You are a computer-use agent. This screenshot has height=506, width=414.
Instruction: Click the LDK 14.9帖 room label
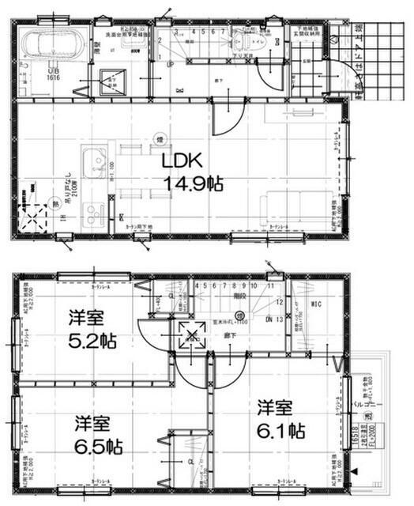pos(192,172)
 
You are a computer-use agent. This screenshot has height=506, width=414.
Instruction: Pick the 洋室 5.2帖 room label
pos(92,330)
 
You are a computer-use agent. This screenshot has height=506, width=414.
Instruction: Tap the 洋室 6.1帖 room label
pos(280,420)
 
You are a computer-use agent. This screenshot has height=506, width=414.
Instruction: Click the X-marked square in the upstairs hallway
pos(192,335)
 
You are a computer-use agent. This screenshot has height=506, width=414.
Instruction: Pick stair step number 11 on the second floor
pos(269,286)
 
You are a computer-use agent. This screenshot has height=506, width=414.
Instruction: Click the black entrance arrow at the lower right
pos(353,471)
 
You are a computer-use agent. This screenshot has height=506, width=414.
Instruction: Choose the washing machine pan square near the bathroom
pos(110,80)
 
